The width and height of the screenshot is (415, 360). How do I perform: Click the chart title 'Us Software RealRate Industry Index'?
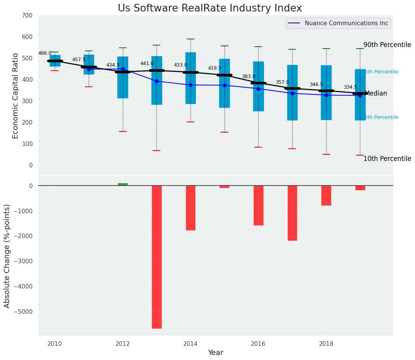(210, 8)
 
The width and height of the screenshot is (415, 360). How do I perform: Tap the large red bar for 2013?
(156, 257)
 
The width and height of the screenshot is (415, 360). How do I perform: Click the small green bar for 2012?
(123, 184)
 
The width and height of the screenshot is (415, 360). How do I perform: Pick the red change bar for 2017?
(292, 213)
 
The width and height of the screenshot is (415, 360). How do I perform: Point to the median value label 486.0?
(45, 54)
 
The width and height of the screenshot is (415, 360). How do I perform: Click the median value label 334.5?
(350, 88)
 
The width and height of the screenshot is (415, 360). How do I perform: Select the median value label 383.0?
(248, 77)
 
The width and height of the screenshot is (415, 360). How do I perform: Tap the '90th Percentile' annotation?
(387, 45)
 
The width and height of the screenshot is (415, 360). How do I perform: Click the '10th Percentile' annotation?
(387, 159)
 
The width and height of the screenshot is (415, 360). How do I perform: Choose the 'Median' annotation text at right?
(376, 94)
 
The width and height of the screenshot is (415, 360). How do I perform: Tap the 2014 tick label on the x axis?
(190, 344)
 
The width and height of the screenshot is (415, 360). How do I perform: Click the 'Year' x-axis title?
(215, 353)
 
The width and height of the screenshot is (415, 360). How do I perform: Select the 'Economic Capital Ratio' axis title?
(16, 96)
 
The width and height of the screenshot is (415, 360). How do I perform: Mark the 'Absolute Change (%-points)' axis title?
(7, 256)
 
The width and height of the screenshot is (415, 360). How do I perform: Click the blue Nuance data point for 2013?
(156, 81)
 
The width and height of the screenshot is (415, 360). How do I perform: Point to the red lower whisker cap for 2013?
(156, 151)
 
